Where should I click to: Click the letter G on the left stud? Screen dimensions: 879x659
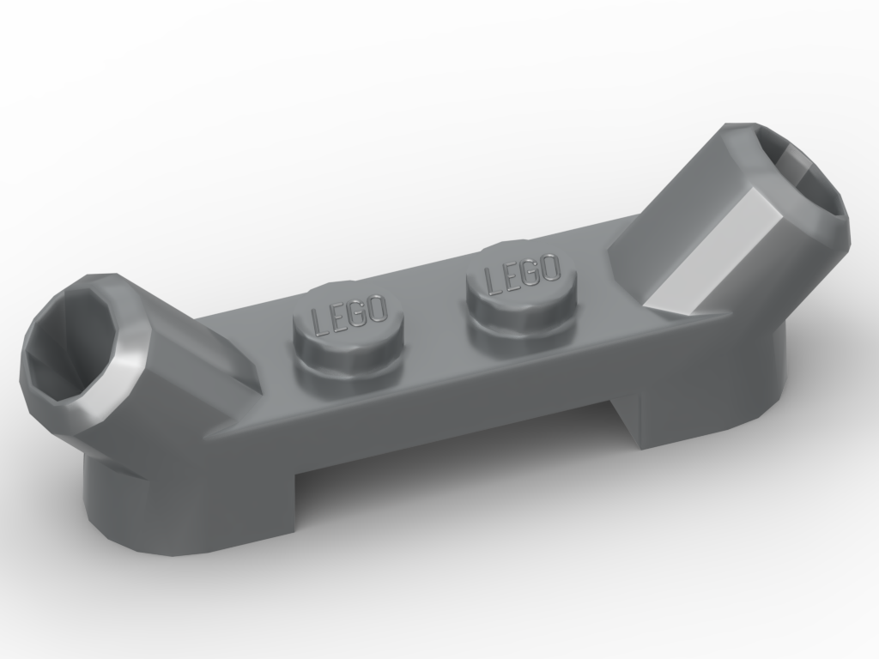click(x=357, y=311)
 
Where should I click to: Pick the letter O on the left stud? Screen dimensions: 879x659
click(x=378, y=307)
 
